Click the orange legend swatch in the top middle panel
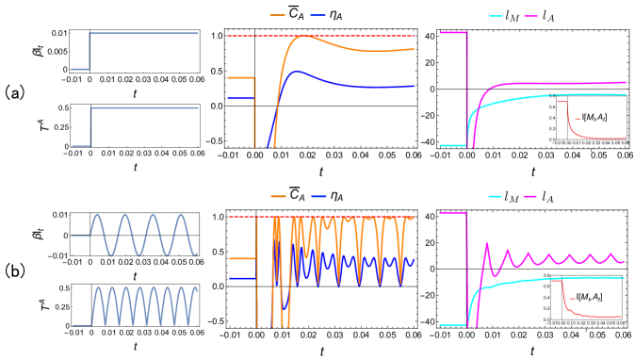click(277, 15)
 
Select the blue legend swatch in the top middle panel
click(317, 15)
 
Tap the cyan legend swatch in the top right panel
click(496, 16)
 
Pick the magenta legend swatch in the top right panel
click(531, 16)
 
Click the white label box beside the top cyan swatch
click(511, 15)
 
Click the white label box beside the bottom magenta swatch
click(545, 196)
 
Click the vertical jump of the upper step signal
click(90, 51)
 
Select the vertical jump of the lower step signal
click(90, 126)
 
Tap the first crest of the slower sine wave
click(97, 217)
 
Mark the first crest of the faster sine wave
click(97, 289)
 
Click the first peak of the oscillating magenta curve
click(487, 244)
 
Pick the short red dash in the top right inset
click(577, 119)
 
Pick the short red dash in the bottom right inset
click(572, 299)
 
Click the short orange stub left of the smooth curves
click(240, 77)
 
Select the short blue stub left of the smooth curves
click(240, 98)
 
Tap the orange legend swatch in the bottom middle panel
click(278, 196)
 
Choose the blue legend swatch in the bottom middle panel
click(318, 196)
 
